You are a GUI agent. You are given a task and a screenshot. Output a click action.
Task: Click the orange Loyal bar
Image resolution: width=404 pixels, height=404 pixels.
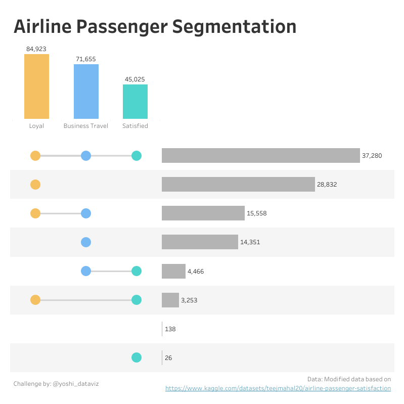coord(36,86)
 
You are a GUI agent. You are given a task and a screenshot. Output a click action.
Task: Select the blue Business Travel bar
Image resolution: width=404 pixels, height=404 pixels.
coord(86,92)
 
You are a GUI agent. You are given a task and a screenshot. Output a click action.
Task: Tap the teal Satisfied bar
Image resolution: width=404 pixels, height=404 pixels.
coord(135,102)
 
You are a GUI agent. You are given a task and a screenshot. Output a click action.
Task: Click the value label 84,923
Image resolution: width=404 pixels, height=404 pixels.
coord(36,49)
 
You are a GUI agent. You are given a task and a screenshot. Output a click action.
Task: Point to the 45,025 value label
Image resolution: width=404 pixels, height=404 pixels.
coord(135,79)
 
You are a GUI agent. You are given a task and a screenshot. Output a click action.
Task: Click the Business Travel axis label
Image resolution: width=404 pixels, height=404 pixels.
coord(86,126)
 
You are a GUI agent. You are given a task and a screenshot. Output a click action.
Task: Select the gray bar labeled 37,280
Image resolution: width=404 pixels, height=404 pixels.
coord(260,156)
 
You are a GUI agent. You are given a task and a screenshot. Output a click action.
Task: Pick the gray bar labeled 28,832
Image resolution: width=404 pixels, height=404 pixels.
coord(238,185)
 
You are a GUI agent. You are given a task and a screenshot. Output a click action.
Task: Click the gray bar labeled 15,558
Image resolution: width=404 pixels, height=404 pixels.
coord(203,213)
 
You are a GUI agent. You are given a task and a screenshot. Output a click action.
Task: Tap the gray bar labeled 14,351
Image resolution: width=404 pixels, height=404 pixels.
coord(200,242)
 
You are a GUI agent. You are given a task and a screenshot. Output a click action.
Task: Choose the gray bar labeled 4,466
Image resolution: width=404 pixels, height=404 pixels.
coord(173,271)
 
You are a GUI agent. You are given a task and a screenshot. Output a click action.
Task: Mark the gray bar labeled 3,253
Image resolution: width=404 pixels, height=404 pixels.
coord(170,300)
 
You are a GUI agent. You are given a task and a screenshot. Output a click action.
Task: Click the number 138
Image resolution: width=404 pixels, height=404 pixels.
coord(170,329)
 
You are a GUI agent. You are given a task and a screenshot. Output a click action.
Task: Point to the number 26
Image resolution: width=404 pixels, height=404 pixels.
coord(168,358)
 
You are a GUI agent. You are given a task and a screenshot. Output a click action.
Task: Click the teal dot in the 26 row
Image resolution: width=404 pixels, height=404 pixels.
coord(136,357)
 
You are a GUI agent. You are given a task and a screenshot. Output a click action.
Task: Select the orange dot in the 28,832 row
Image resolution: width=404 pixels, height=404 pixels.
coord(35,185)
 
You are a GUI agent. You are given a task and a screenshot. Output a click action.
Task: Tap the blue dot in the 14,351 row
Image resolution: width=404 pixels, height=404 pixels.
coord(86,242)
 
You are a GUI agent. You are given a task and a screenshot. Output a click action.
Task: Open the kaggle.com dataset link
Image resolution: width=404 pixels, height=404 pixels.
coord(278,388)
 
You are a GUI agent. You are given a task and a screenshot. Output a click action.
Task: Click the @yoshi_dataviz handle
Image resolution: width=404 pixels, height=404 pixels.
coord(75,384)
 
